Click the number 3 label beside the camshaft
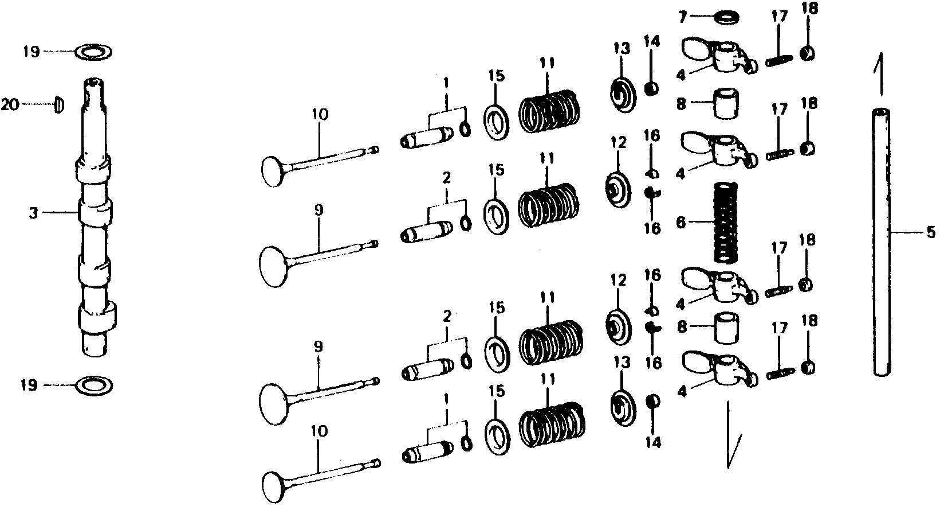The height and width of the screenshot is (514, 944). [x=33, y=213]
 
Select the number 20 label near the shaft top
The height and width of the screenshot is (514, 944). [x=10, y=104]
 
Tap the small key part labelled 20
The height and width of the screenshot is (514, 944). [x=59, y=104]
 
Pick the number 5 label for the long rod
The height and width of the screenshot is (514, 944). [x=930, y=232]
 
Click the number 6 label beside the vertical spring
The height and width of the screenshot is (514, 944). [x=681, y=222]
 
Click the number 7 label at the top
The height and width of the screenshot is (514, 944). [x=682, y=17]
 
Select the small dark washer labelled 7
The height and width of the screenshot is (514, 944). [x=728, y=17]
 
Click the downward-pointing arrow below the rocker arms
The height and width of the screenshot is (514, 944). [x=730, y=435]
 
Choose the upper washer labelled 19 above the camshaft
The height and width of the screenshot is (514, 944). [x=93, y=52]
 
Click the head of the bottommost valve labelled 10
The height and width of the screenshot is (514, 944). [x=274, y=488]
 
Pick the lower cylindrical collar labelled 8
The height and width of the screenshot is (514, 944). [x=726, y=328]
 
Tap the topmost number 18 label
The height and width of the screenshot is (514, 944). [x=809, y=9]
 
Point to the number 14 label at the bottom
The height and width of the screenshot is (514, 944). [x=653, y=442]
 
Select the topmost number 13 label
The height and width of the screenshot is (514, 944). [x=621, y=49]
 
